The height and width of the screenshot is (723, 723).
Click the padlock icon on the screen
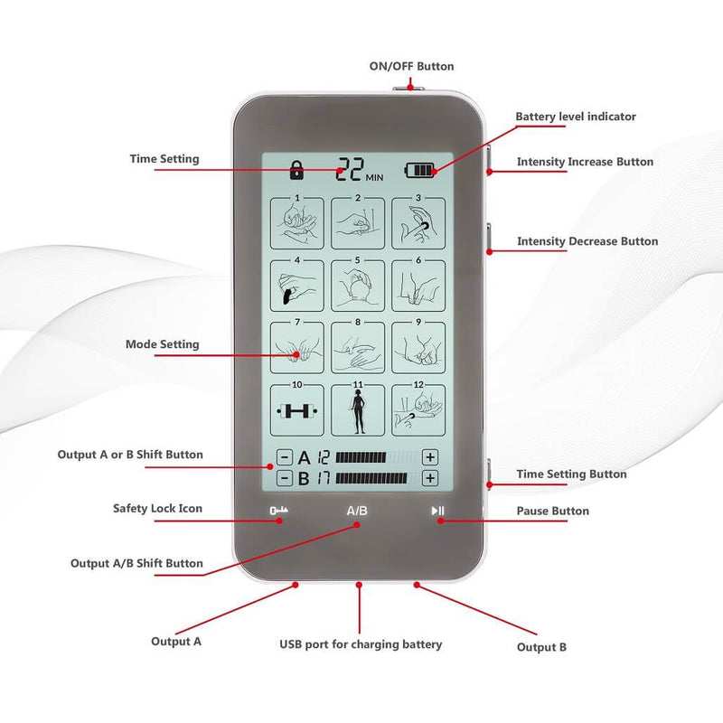click(x=296, y=168)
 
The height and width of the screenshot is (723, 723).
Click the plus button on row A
click(x=430, y=457)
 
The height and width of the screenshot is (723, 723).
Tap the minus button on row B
click(x=285, y=478)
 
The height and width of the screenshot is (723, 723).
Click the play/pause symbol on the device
click(x=437, y=512)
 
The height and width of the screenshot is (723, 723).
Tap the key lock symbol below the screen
click(x=277, y=512)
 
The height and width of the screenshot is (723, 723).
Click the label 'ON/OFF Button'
click(x=411, y=66)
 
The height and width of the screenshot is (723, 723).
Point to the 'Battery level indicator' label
click(x=576, y=117)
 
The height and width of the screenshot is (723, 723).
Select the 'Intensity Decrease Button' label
click(x=587, y=241)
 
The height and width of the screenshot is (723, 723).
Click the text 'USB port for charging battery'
click(x=360, y=644)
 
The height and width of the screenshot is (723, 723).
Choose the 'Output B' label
click(x=542, y=647)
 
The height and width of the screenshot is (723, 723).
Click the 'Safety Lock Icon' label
click(x=157, y=509)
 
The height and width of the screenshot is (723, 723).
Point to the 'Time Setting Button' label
click(x=571, y=474)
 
